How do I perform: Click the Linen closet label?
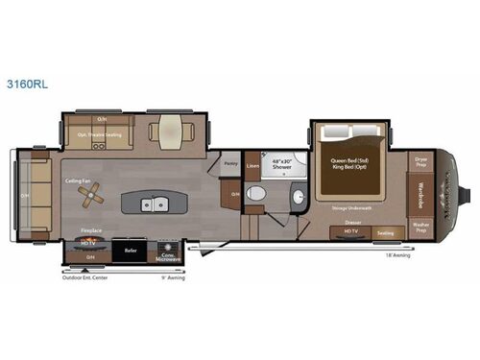(x=253, y=166)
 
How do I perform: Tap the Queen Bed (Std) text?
(x=350, y=160)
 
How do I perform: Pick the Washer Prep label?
(x=420, y=228)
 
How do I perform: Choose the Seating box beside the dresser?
(x=385, y=232)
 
